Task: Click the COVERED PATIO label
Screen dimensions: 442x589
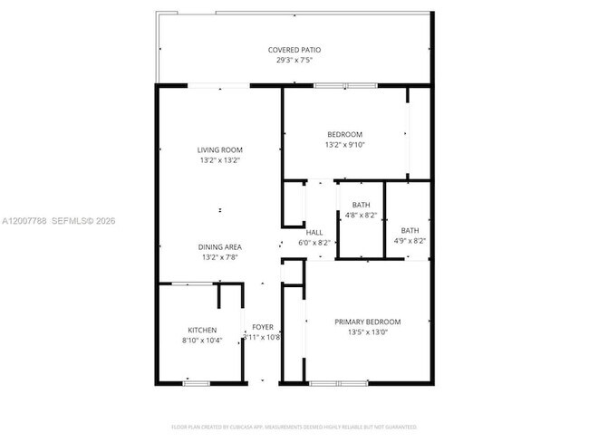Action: tap(294, 50)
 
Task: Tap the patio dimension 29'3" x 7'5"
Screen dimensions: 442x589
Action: tap(294, 61)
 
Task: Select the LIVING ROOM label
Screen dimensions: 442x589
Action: tap(220, 149)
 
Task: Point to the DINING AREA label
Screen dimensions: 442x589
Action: tap(220, 247)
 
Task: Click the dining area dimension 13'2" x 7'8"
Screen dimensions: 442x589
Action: tap(220, 258)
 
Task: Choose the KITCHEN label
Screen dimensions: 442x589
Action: tap(201, 330)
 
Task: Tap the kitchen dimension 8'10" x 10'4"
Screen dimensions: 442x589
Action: tap(201, 340)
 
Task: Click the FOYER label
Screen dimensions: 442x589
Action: tap(262, 326)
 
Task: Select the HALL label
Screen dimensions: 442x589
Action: tap(314, 233)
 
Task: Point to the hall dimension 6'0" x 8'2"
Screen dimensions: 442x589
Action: tap(314, 243)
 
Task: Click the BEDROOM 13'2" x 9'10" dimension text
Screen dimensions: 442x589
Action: tap(344, 145)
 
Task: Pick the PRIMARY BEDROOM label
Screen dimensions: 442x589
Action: tap(367, 322)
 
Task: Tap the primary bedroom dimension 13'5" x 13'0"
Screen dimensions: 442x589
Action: tap(367, 331)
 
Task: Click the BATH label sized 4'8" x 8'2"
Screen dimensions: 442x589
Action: tap(361, 205)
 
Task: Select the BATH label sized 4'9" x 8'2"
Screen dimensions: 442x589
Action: tap(410, 230)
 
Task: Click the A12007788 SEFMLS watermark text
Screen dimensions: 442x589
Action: tap(59, 221)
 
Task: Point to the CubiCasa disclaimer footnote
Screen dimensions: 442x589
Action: tap(294, 426)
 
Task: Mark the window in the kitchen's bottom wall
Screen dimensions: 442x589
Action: tap(196, 383)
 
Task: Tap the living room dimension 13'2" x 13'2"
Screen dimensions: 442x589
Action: tap(220, 160)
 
